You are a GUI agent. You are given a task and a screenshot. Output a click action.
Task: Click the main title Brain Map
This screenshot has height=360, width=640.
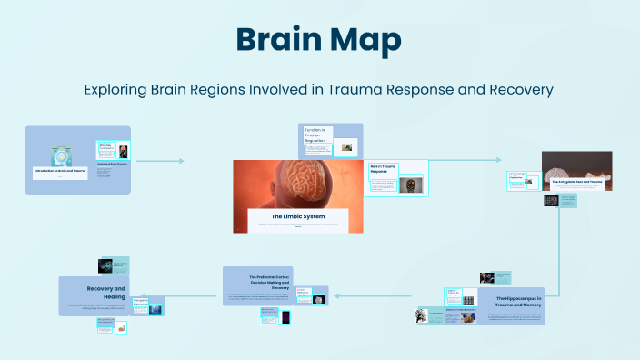click(319, 39)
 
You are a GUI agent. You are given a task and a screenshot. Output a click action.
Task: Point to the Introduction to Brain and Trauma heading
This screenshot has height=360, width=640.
click(61, 170)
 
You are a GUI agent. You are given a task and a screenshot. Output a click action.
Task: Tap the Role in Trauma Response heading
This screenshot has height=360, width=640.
click(383, 169)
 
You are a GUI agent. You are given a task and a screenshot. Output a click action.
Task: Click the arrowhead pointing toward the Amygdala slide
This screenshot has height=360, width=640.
click(525, 161)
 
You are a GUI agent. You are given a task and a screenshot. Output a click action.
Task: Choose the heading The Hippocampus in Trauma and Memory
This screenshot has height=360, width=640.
click(519, 302)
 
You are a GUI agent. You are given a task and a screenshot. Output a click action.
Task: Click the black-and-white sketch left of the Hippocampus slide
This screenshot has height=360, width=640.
click(422, 315)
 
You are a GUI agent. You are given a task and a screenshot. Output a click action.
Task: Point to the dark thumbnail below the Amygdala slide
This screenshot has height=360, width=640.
click(551, 200)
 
